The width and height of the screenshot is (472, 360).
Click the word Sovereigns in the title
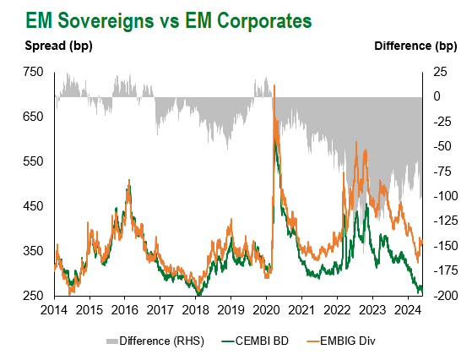coord(106,21)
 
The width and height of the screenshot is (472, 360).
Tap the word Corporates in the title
coord(264,21)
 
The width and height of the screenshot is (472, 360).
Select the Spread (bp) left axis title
coord(58,46)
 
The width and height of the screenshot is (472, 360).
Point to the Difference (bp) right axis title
coord(415,46)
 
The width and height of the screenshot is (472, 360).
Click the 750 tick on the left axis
coord(33,72)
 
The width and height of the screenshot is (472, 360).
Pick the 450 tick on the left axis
coord(33,206)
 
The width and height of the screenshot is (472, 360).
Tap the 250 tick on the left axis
coord(33,296)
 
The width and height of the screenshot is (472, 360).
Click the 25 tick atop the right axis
coord(440,72)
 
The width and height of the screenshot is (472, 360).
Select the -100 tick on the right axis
coord(446,196)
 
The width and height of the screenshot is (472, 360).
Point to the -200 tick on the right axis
coord(446,296)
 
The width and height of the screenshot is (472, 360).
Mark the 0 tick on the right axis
coord(437,96)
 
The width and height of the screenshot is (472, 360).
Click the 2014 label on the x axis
coord(54,309)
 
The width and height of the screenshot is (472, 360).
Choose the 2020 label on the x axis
coord(266,309)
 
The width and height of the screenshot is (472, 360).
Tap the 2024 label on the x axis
coord(408,309)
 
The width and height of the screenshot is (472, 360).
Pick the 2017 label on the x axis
coord(160,309)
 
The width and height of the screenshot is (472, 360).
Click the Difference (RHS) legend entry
coord(155,341)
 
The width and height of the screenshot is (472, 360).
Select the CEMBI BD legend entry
coord(255,341)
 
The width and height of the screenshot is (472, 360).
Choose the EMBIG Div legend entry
coord(341,341)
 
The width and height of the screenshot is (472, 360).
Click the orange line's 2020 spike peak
coord(274,85)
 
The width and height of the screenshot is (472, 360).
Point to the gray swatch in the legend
coord(111,341)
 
